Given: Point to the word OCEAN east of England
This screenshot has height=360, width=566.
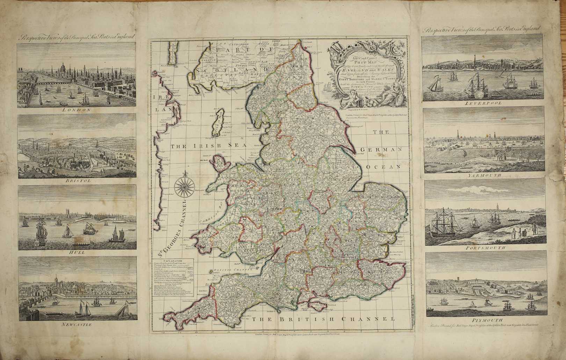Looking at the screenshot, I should point(383,167).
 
